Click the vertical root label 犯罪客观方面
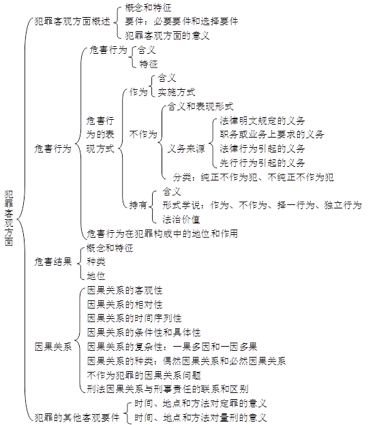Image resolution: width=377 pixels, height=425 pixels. [x=9, y=218]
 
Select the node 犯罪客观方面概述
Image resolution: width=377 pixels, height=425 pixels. [x=72, y=21]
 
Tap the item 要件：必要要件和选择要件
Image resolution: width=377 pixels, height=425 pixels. [x=181, y=21]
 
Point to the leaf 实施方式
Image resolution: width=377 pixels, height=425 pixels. [x=177, y=92]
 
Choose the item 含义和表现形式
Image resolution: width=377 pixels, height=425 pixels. [x=200, y=106]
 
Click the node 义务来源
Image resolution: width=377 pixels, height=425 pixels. [x=186, y=148]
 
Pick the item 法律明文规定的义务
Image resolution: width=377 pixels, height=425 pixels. [x=262, y=121]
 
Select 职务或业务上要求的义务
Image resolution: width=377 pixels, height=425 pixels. [x=272, y=134]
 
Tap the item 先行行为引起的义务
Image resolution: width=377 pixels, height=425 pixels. [x=262, y=163]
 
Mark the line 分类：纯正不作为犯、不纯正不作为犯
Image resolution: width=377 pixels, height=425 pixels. [x=254, y=177]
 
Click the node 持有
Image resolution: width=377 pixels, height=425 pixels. [x=138, y=205]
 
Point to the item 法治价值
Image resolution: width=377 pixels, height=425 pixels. [x=181, y=219]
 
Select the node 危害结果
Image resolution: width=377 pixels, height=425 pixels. [x=53, y=262]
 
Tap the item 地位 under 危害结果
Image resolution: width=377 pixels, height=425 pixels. [x=95, y=276]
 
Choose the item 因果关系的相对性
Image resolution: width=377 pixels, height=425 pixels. [x=125, y=304]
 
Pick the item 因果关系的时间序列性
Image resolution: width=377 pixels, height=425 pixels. [x=134, y=318]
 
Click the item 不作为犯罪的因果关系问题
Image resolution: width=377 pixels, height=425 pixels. [x=144, y=375]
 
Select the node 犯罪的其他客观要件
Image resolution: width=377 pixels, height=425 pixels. [x=77, y=418]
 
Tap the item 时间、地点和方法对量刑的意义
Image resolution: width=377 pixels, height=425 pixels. [x=200, y=418]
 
